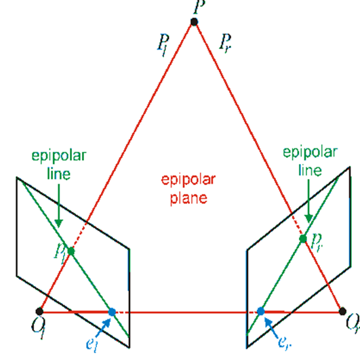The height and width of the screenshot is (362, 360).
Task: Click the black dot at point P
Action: click(x=194, y=22)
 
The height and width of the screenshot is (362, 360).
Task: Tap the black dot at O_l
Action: click(x=39, y=311)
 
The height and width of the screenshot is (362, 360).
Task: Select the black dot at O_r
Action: click(x=342, y=311)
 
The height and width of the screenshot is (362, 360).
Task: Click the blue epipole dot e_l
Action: click(x=112, y=312)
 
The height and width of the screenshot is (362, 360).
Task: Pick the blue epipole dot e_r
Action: click(x=261, y=311)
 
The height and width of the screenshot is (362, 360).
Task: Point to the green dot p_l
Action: click(x=71, y=251)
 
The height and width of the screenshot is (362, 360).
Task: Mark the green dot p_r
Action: click(x=303, y=239)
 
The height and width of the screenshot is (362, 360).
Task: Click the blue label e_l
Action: click(x=92, y=345)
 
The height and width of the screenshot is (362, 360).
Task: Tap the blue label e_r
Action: click(x=285, y=342)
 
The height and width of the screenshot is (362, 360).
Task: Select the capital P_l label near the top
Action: click(x=163, y=45)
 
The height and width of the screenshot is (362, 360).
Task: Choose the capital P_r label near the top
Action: click(x=225, y=43)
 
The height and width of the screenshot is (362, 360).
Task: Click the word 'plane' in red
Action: click(x=188, y=198)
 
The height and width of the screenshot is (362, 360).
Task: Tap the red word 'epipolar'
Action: click(x=188, y=180)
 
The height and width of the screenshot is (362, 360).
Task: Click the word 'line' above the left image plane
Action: click(x=59, y=174)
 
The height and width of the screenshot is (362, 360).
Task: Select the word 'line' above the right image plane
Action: click(x=310, y=170)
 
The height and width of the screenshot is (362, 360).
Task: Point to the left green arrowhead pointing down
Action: click(x=59, y=223)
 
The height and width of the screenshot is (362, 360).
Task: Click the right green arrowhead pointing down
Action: click(x=308, y=219)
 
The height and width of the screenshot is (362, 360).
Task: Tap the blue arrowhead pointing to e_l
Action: click(x=106, y=322)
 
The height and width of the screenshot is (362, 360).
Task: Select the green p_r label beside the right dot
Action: click(x=316, y=243)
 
